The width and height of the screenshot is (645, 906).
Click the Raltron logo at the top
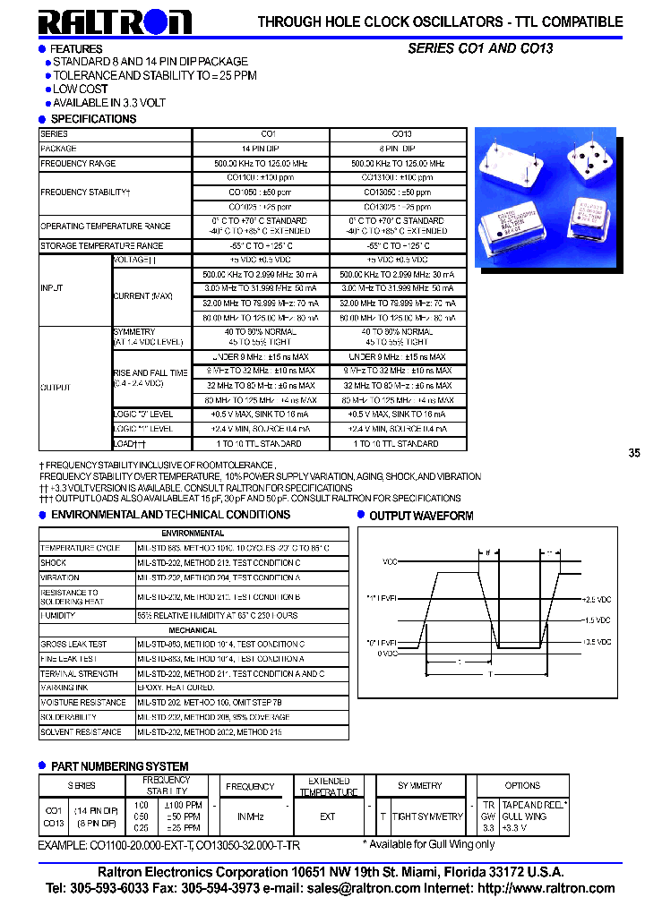(x=114, y=21)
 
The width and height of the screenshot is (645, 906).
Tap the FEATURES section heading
(x=76, y=48)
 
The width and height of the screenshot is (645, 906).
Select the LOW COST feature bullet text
(x=81, y=90)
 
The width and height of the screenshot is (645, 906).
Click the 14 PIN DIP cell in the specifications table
(x=261, y=149)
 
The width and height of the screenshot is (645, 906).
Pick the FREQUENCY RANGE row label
(x=78, y=164)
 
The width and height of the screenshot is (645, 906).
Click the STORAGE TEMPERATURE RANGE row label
(x=101, y=245)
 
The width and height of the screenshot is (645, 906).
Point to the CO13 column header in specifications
(x=399, y=134)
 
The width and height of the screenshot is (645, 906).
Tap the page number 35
(x=634, y=454)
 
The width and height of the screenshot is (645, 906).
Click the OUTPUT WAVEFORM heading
(x=421, y=516)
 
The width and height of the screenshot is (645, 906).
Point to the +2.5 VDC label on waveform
(x=598, y=598)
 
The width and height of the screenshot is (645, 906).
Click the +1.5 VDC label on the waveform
(x=598, y=620)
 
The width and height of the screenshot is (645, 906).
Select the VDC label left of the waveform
(x=390, y=562)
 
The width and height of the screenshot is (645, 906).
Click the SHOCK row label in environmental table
(x=54, y=563)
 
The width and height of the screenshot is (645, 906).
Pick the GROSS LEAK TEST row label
(x=73, y=645)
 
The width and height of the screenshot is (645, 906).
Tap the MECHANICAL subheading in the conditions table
(x=193, y=630)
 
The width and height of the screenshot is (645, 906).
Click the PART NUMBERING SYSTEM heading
(x=119, y=766)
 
